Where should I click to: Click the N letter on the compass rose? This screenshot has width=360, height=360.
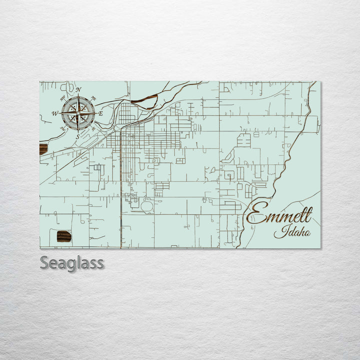(78, 90)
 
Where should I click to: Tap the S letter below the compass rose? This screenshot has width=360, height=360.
(77, 136)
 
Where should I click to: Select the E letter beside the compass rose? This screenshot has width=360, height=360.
(100, 114)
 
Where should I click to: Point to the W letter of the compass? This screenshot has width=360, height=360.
(55, 113)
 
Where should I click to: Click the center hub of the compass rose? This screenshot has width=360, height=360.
(78, 113)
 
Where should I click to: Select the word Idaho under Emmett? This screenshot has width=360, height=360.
(292, 232)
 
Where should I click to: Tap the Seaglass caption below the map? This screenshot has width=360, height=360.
(72, 263)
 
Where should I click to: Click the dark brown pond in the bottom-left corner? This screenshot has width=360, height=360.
(64, 236)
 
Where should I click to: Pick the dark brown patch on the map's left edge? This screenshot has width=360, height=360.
(43, 149)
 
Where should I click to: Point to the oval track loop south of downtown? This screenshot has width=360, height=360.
(147, 205)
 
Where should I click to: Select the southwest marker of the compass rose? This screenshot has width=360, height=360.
(62, 128)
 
